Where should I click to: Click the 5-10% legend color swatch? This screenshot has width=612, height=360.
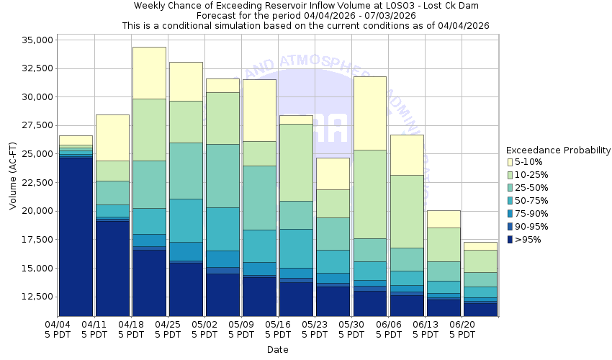click(x=510, y=162)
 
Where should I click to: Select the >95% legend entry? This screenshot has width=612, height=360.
click(x=529, y=240)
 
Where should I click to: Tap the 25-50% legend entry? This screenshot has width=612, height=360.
click(x=533, y=188)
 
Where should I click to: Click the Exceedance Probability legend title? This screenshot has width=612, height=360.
click(x=558, y=150)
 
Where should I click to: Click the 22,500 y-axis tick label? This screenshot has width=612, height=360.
click(x=33, y=182)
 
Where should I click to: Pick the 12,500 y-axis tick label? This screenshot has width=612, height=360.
click(x=33, y=297)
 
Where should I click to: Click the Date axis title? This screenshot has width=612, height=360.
click(x=277, y=350)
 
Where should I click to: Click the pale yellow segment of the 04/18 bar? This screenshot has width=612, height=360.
click(x=149, y=73)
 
